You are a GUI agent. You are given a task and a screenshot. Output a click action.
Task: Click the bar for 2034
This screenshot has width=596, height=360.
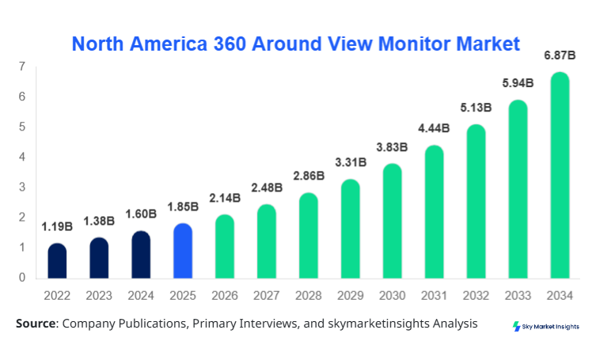click(x=560, y=176)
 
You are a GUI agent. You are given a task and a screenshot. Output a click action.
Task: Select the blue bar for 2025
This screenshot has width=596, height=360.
click(x=183, y=251)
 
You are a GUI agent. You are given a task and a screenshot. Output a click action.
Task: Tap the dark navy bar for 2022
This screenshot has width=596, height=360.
click(x=57, y=261)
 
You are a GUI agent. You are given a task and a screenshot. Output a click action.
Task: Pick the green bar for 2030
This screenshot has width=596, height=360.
click(x=392, y=221)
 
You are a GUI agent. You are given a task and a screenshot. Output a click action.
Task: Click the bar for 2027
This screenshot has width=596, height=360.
click(x=267, y=241)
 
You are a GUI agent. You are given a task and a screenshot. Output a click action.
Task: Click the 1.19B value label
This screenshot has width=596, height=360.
click(x=57, y=226)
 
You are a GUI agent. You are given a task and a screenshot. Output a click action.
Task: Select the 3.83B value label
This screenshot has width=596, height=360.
click(x=392, y=146)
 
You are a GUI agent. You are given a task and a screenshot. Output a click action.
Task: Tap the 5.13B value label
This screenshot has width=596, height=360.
click(x=476, y=108)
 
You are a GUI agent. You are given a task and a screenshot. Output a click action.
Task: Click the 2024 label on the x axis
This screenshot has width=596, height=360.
click(x=141, y=296)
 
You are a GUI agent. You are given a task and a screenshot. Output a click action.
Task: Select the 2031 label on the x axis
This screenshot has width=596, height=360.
click(x=434, y=296)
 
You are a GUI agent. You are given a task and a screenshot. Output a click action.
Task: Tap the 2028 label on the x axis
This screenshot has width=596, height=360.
click(x=309, y=296)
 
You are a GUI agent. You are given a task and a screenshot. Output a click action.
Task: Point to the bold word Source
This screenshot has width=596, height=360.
click(x=36, y=324)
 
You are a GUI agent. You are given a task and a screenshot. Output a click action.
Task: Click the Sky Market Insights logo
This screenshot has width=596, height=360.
click(x=545, y=326)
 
